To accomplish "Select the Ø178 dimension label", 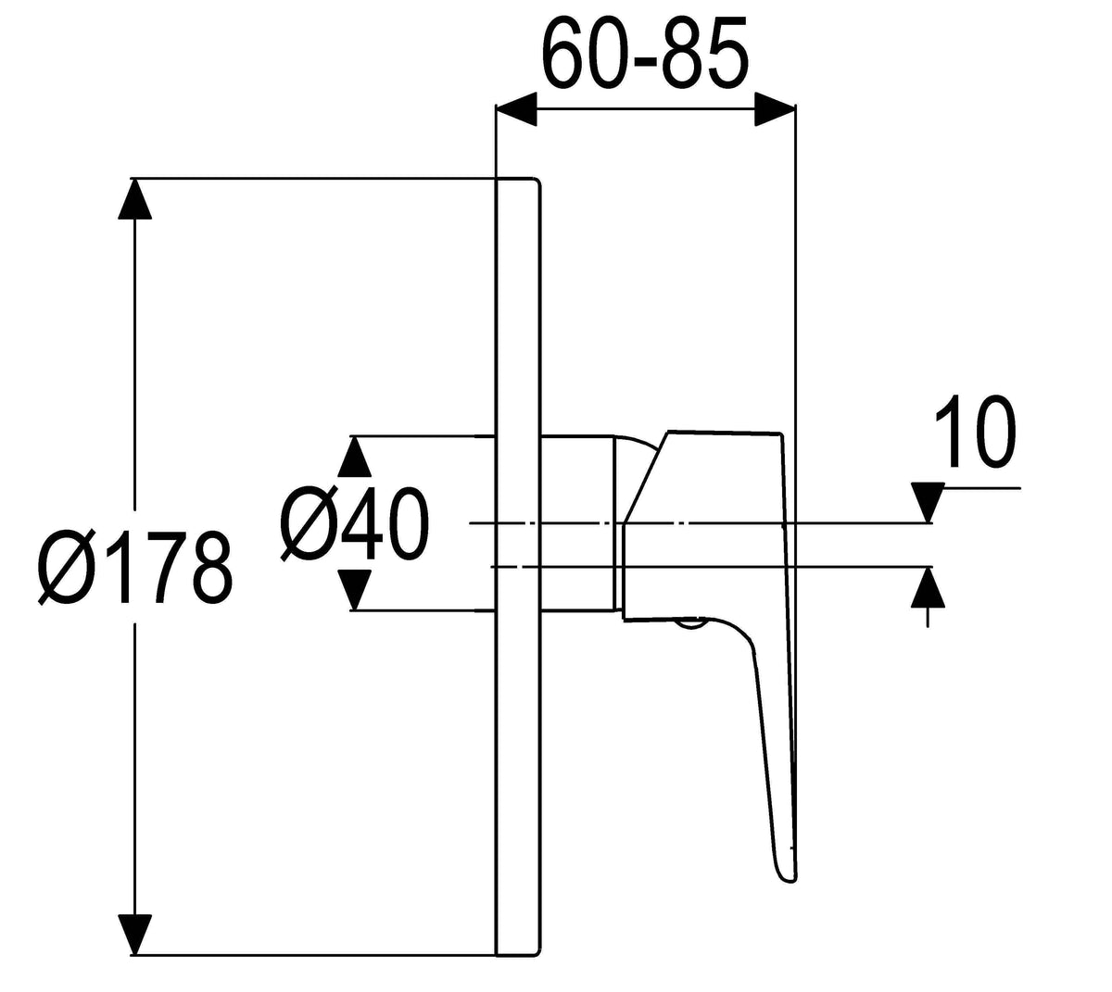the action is point(136,568).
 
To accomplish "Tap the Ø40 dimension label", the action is point(354,524).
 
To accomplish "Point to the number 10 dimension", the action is point(974,431).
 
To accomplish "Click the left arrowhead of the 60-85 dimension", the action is point(516,109).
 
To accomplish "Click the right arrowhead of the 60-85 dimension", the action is point(775,109).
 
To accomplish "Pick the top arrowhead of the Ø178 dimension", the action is point(135,198).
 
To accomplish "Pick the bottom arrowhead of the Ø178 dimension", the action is point(135,935).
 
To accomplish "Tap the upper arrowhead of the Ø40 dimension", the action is point(355,456).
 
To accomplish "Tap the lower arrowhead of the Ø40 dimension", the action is point(355,590).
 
